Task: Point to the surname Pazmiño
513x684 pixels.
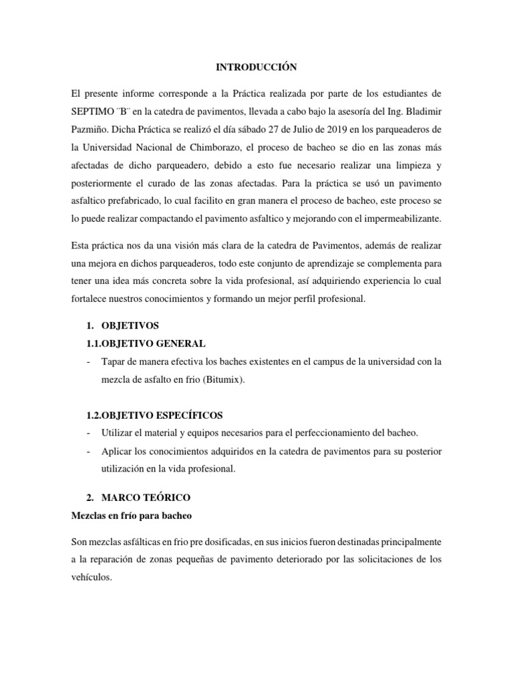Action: (90, 128)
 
